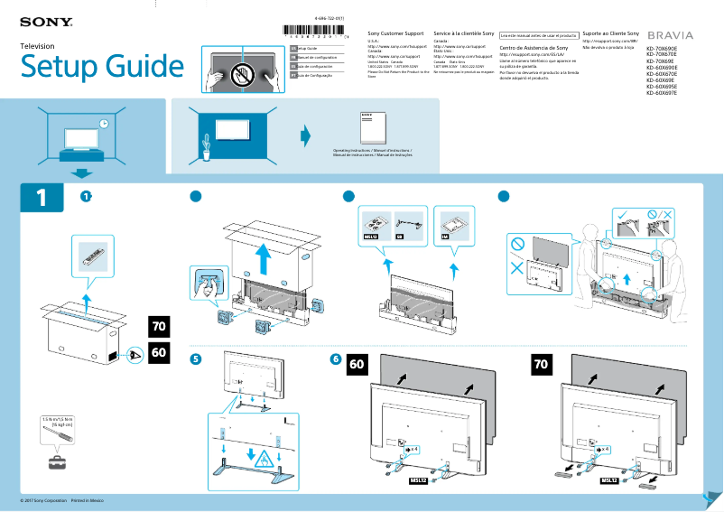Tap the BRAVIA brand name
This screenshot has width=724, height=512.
click(x=671, y=34)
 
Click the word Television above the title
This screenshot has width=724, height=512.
click(x=37, y=46)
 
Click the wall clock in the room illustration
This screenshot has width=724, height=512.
click(x=105, y=124)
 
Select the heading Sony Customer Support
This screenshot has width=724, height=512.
click(x=395, y=33)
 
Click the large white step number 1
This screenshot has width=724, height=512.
click(x=41, y=198)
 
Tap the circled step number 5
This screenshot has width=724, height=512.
click(x=195, y=358)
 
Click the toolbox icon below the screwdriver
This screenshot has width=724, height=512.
click(x=59, y=462)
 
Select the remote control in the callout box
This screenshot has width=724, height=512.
click(x=93, y=255)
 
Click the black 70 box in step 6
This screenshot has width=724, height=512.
click(x=542, y=365)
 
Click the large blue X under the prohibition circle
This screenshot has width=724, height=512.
click(x=516, y=269)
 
